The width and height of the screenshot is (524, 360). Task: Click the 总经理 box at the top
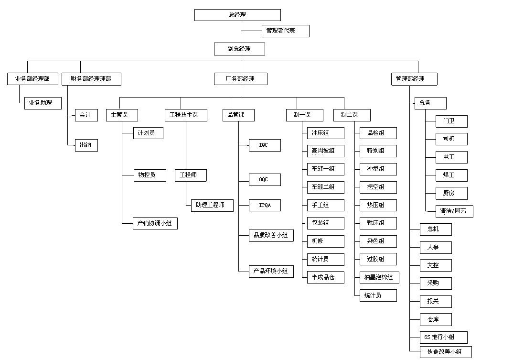pos(237,15)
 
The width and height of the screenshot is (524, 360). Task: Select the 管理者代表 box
pos(285,31)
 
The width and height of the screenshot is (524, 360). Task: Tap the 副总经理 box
pos(239,49)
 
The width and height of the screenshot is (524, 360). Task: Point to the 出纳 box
pos(86,145)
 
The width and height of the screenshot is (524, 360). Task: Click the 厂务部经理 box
pos(240,79)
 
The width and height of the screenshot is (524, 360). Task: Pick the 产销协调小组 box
pos(155,223)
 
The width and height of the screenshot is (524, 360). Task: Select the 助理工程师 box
pos(212,206)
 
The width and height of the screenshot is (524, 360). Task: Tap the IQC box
pos(265,145)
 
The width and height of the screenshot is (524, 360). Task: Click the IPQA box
pos(265,206)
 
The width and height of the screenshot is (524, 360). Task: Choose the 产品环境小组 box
pos(271,271)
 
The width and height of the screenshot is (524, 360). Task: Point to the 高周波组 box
pos(325,151)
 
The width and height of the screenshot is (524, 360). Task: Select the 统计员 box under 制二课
pos(378,295)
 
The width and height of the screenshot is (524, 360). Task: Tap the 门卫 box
pos(451,121)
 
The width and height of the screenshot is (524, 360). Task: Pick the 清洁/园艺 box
pos(454,211)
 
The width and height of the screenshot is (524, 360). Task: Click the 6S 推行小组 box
pos(443,337)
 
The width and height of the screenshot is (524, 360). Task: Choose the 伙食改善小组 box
pos(446,352)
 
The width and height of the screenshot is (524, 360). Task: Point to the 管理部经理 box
pos(414,79)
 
